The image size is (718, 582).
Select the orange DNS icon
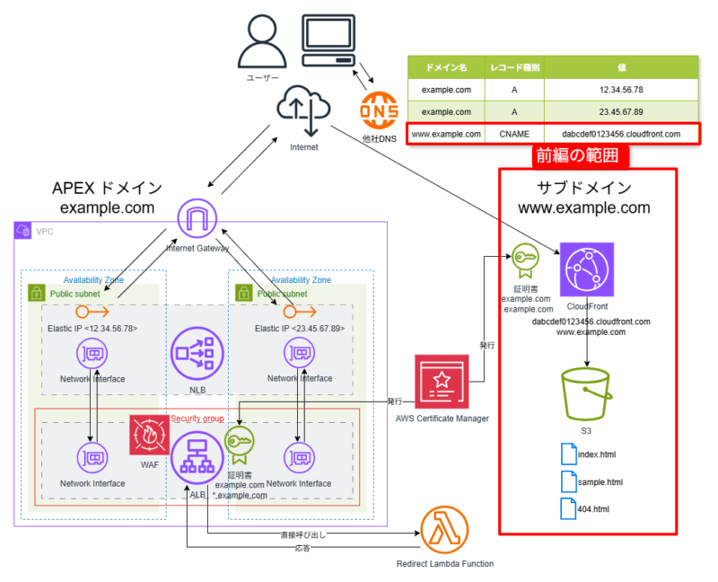click(x=379, y=110)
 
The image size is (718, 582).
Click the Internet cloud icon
click(x=304, y=110)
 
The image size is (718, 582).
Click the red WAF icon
click(x=148, y=436)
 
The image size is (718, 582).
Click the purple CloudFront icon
click(x=586, y=269)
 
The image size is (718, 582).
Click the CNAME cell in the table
click(x=514, y=134)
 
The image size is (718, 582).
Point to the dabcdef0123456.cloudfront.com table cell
click(x=620, y=134)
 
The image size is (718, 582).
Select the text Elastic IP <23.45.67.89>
click(x=300, y=328)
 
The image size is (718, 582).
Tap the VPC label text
click(x=44, y=231)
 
